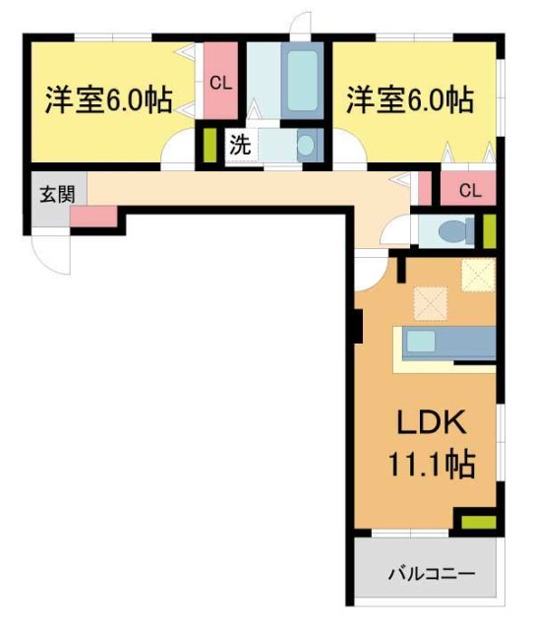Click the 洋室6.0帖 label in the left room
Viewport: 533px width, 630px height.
[108, 99]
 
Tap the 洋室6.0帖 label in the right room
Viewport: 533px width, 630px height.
[408, 99]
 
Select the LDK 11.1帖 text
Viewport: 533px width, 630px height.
[436, 445]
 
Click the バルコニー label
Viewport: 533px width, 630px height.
[431, 573]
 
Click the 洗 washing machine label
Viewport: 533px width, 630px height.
[240, 145]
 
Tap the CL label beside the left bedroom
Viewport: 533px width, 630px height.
[220, 84]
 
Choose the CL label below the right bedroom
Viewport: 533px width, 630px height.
[469, 190]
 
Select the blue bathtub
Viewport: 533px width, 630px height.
[302, 82]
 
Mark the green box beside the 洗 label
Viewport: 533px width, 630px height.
[209, 146]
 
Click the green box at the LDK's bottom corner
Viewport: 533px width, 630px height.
[477, 522]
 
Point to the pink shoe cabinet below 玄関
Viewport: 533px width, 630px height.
[93, 216]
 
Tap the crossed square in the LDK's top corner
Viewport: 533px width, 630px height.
[479, 275]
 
